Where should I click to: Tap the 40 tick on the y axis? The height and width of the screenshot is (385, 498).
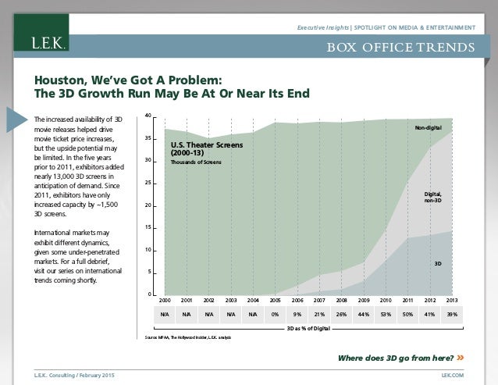[148, 116]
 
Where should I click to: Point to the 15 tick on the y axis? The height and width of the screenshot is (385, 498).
[148, 227]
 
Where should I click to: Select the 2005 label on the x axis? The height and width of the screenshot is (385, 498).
[275, 300]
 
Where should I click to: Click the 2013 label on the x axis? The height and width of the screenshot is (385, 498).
[451, 300]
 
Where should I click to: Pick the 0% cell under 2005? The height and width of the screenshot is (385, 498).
[275, 314]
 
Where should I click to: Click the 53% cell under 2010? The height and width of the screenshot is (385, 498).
[385, 314]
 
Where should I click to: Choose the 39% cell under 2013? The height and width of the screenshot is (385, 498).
[451, 314]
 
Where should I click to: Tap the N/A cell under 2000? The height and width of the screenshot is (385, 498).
[165, 314]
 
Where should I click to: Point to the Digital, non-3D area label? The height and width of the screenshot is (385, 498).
[432, 197]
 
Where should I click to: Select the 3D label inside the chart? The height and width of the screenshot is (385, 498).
[438, 264]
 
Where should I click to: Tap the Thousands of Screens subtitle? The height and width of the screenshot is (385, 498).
[196, 162]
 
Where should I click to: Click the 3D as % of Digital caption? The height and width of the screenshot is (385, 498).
[309, 329]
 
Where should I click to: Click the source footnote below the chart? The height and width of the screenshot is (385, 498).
[187, 337]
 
